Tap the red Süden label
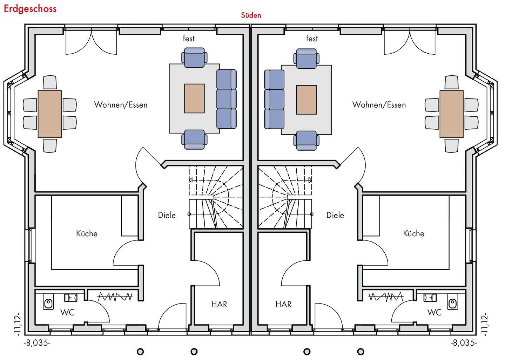(251, 15)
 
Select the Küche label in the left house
(87, 233)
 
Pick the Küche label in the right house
(413, 233)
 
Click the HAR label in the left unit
(219, 304)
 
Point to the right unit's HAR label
(283, 304)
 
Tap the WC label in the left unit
(67, 312)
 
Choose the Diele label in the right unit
(335, 215)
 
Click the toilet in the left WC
(48, 302)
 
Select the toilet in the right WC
(452, 302)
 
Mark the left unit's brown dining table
(49, 114)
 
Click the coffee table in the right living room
(306, 100)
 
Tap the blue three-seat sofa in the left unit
(227, 99)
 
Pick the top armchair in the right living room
(307, 58)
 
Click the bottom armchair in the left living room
(194, 140)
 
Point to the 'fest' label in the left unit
(189, 38)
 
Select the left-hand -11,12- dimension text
(18, 324)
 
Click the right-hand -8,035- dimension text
(464, 343)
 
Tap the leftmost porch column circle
(140, 352)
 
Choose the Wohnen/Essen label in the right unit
(379, 105)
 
